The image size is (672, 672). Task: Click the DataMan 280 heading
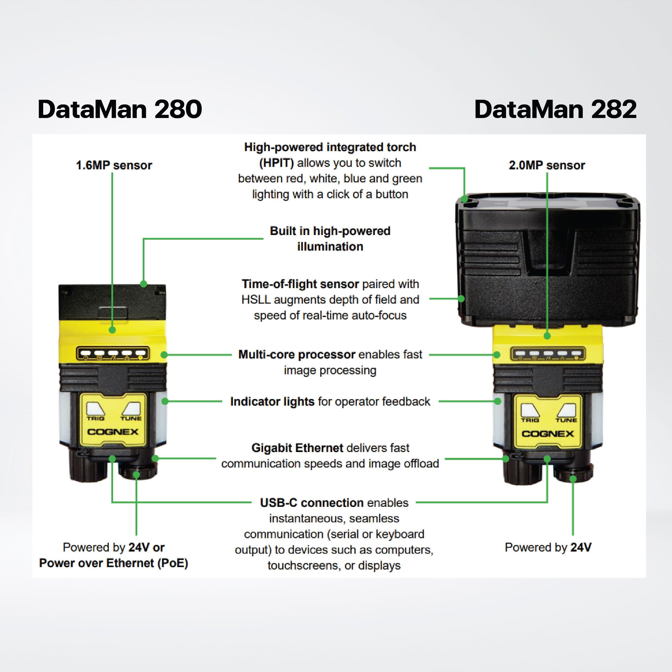point(120,109)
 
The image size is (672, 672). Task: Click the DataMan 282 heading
point(555,109)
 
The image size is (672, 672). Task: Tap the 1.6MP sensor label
point(114,165)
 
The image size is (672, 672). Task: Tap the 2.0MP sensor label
point(547,165)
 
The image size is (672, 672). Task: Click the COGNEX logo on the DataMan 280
point(113,432)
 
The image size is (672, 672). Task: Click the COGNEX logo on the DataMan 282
point(548,434)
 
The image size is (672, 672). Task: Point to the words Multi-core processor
point(297,355)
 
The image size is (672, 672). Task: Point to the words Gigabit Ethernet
point(297,448)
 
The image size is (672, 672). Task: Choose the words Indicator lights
point(272,401)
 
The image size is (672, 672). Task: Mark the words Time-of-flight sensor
point(300,284)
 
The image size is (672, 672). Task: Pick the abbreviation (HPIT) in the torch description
point(277,163)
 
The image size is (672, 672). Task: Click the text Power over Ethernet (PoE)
point(113,563)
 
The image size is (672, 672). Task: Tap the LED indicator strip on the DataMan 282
point(548,354)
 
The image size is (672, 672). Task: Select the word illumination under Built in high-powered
point(330,247)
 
